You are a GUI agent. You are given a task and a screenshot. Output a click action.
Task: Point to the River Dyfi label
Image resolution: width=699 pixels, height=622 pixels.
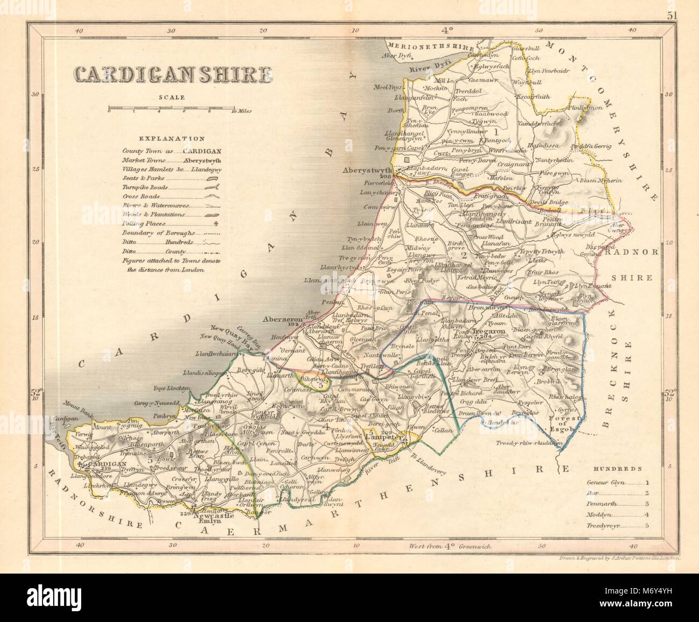[x=425, y=69]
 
